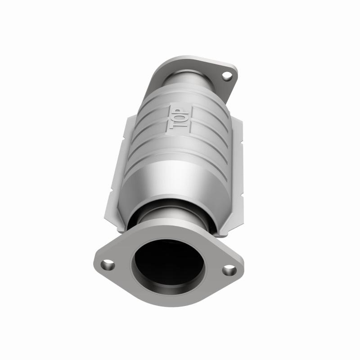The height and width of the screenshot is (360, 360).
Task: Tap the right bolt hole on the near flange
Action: (x=229, y=270)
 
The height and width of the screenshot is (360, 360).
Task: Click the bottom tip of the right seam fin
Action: (x=220, y=235)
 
